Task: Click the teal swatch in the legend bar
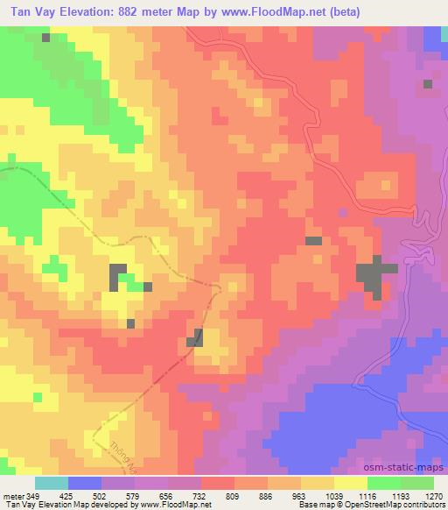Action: click(x=52, y=482)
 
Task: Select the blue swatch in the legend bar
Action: click(x=85, y=482)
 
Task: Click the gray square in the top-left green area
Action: click(x=45, y=39)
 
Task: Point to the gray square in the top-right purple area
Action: click(x=427, y=84)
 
